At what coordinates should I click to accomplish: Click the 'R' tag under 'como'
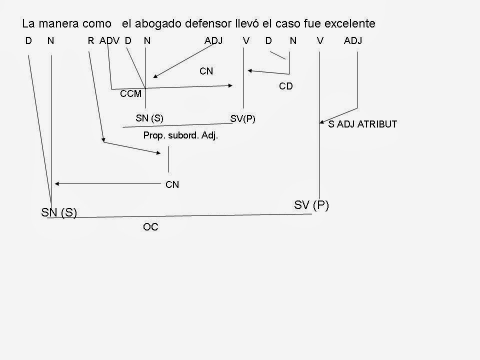click(x=90, y=41)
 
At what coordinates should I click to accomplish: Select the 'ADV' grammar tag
click(x=109, y=41)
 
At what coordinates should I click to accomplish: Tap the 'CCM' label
click(x=131, y=93)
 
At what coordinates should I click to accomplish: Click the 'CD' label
click(x=285, y=86)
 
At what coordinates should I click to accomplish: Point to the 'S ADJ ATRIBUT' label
click(x=362, y=124)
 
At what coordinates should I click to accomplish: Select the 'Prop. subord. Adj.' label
click(x=180, y=135)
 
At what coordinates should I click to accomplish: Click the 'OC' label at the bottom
click(x=150, y=227)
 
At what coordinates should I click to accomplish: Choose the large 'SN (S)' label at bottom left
click(x=58, y=212)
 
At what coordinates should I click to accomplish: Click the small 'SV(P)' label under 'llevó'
click(x=243, y=118)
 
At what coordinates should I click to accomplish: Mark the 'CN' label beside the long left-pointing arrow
click(x=172, y=185)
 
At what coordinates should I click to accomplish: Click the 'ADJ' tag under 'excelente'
click(x=353, y=41)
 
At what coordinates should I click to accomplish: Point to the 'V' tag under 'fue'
click(x=320, y=41)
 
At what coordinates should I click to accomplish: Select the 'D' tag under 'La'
click(x=28, y=41)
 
